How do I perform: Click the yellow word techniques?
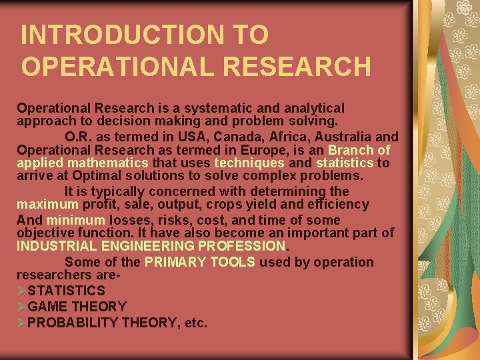point(249,163)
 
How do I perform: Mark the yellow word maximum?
point(47,205)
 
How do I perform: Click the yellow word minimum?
point(75,220)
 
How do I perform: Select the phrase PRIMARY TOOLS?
point(199,262)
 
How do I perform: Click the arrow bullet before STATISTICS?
point(21,291)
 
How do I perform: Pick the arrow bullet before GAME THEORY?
point(21,307)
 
